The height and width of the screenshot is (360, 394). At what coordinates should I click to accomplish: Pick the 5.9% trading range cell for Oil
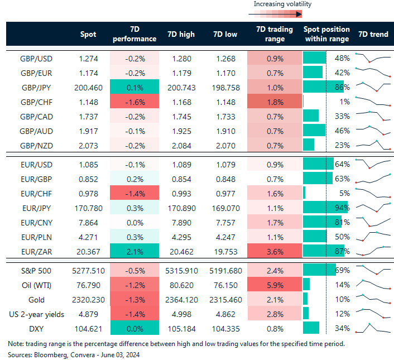(270, 285)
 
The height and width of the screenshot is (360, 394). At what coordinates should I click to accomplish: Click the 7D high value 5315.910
(181, 270)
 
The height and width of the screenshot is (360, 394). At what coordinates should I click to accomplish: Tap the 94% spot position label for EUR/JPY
(342, 207)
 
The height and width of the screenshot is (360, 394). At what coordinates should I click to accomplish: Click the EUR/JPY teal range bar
(324, 207)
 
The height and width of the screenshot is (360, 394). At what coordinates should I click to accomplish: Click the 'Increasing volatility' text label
(282, 4)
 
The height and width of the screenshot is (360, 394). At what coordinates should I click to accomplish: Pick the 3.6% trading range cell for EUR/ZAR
(270, 251)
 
